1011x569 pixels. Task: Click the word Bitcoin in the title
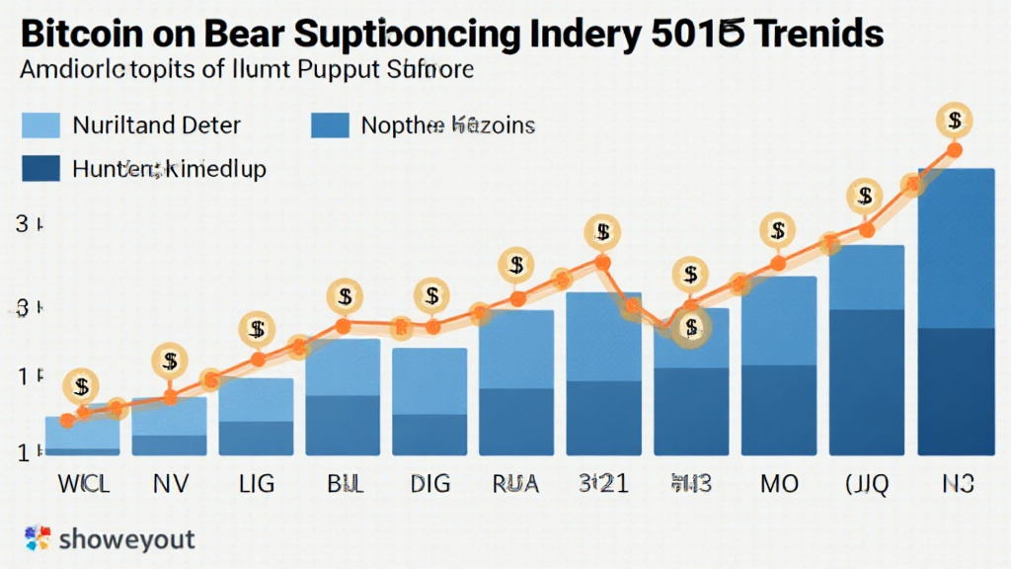tap(80, 32)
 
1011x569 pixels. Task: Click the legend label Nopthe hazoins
tap(447, 125)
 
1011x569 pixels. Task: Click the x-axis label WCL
tap(82, 484)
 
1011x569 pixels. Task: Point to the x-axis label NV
tap(169, 484)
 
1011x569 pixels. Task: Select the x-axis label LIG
tap(256, 484)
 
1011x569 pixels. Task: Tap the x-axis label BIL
tap(343, 484)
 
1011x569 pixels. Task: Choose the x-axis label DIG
tap(429, 484)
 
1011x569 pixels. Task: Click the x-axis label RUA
tap(515, 484)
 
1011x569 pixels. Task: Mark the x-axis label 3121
tap(602, 484)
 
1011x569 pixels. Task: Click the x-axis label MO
tap(778, 484)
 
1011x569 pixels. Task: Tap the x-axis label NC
tap(955, 484)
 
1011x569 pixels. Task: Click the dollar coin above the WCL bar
tap(81, 386)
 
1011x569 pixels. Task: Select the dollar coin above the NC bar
tap(954, 122)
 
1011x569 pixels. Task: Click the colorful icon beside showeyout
tap(37, 539)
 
